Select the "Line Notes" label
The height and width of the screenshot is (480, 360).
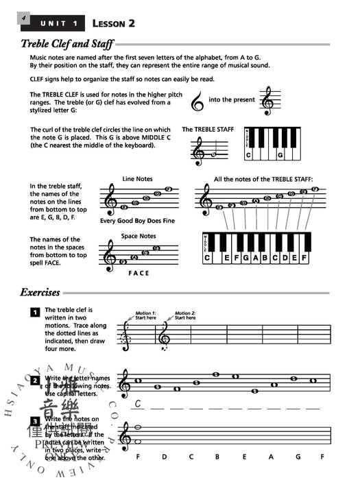137,179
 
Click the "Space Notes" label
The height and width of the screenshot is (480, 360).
139,236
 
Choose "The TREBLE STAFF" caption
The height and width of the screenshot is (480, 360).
207,129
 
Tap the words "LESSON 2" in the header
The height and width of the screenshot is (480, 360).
113,23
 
